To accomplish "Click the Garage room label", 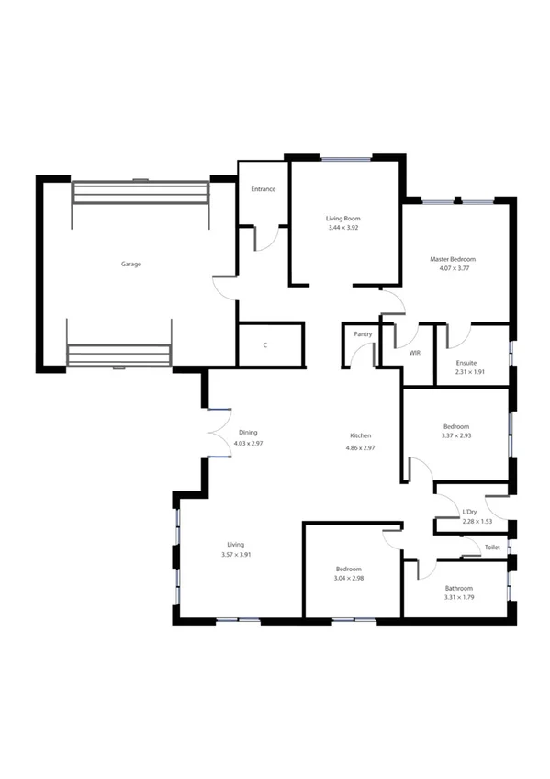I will click(131, 264).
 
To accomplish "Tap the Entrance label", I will click(264, 189).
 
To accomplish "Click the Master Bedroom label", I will click(453, 259).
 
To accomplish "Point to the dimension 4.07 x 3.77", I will click(453, 269).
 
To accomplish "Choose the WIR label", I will click(414, 352).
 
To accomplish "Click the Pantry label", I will click(362, 334).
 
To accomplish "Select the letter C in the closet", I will click(265, 345).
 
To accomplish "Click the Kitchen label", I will click(360, 435).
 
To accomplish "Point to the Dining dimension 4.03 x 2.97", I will click(248, 443).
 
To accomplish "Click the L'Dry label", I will click(469, 512).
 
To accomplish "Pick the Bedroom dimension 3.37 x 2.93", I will click(456, 436).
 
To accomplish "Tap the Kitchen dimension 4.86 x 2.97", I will click(360, 447).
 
